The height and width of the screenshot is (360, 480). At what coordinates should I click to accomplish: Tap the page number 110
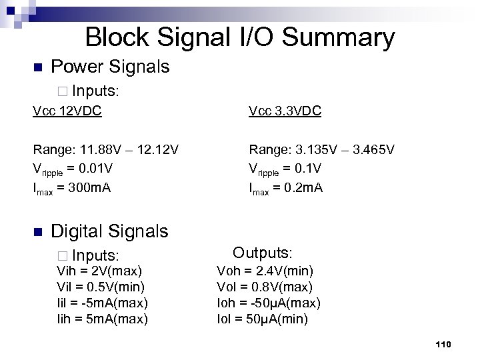click(x=443, y=344)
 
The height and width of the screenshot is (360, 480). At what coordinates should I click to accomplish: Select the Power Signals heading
click(x=110, y=67)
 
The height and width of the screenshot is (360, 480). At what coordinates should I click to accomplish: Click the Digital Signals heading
click(x=109, y=231)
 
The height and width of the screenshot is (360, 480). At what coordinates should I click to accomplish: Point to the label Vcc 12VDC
click(x=67, y=111)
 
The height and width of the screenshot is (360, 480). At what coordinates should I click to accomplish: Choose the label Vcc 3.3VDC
click(x=285, y=111)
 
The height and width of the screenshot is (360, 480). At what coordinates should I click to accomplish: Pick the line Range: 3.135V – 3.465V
click(x=321, y=149)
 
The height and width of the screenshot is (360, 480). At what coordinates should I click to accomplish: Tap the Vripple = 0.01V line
click(x=74, y=168)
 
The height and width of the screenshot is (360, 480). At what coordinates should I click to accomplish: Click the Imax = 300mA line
click(x=72, y=187)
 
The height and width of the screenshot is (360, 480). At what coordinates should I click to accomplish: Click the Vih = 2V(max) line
click(x=99, y=271)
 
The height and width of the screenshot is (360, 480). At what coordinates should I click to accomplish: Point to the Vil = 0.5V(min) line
click(x=101, y=287)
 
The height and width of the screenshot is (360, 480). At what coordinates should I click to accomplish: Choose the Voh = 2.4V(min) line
click(x=265, y=271)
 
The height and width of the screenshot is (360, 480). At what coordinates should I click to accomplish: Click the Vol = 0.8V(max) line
click(x=265, y=287)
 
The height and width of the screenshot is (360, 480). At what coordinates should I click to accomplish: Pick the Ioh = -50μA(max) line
click(x=269, y=303)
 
